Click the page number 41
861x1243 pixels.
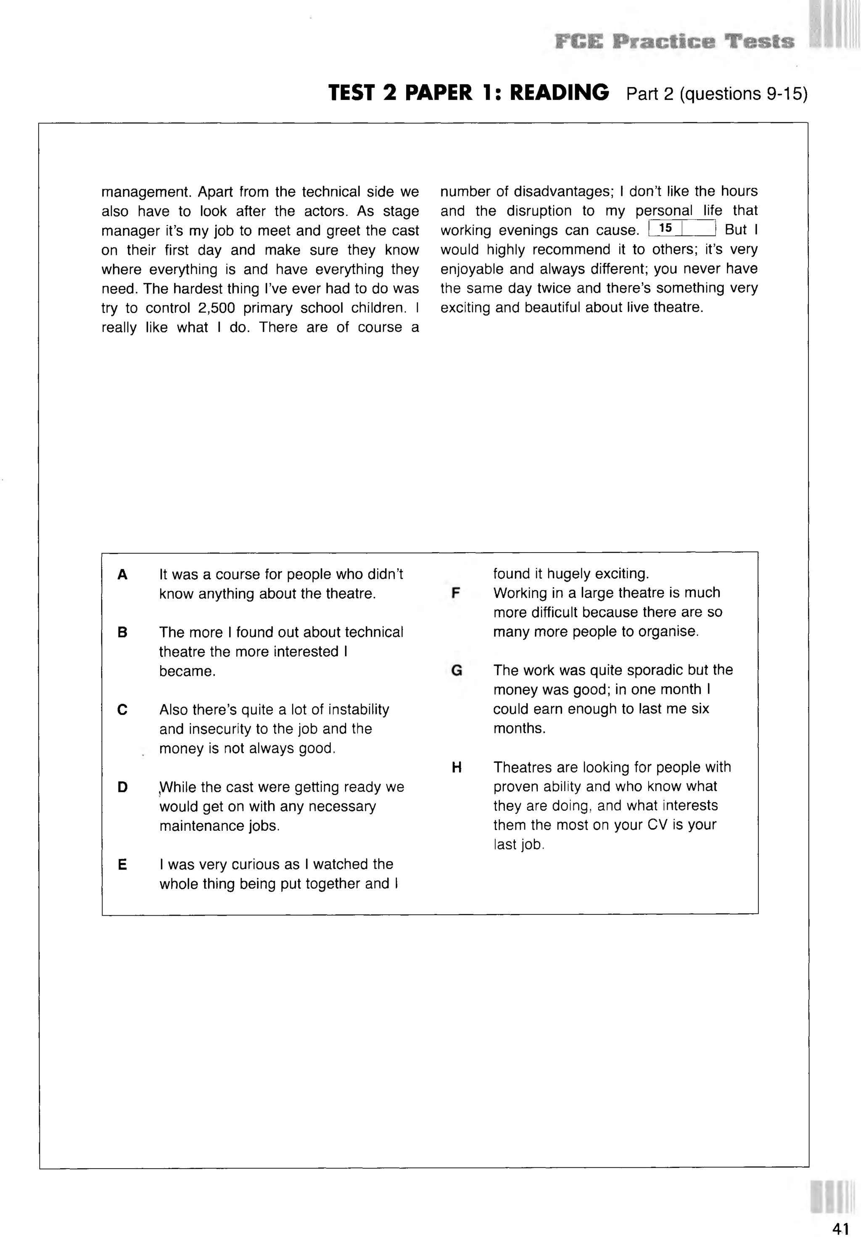point(840,1228)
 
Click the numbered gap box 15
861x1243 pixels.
point(682,228)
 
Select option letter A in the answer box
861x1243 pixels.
point(122,575)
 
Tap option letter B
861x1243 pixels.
point(122,632)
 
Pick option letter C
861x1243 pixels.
point(122,710)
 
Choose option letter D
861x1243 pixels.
point(122,787)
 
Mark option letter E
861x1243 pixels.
point(122,864)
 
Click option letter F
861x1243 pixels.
point(456,593)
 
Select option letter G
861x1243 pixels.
point(457,670)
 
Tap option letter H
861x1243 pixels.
point(457,767)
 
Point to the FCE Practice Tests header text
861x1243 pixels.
point(674,42)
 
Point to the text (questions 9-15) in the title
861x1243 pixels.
point(743,94)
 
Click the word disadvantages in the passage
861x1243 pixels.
point(564,192)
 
